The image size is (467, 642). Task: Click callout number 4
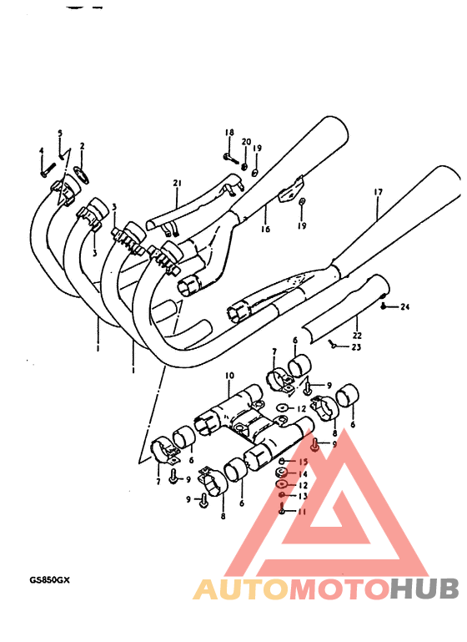[x=41, y=150]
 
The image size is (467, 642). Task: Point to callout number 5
[x=60, y=133]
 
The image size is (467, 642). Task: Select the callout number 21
[x=177, y=183]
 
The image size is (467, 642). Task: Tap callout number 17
[x=378, y=193]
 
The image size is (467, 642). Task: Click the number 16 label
[x=265, y=229]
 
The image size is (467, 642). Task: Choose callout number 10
[x=229, y=377]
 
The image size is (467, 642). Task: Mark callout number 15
[x=304, y=462]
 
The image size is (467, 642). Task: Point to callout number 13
[x=304, y=496]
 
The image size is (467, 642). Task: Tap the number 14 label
[x=304, y=473]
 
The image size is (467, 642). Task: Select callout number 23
[x=335, y=347]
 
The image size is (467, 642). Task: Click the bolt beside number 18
[x=228, y=156]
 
